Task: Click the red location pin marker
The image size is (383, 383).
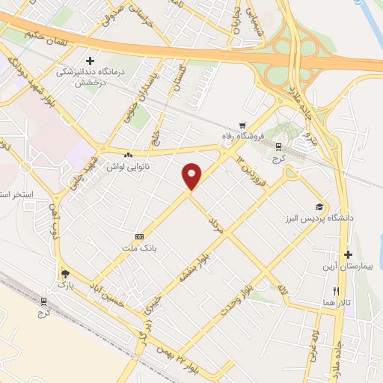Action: [192, 176]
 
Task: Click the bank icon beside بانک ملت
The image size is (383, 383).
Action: [139, 236]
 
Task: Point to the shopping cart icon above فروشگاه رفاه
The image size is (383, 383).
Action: [242, 126]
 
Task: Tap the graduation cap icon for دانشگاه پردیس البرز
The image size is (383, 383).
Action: [320, 206]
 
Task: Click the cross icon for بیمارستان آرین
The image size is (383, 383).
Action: [348, 255]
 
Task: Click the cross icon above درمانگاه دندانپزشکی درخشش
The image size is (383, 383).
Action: [91, 61]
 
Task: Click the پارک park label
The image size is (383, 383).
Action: [66, 286]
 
